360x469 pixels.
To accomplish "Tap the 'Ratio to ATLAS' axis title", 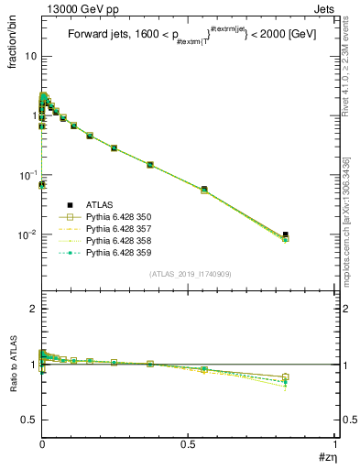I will click(14, 362).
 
